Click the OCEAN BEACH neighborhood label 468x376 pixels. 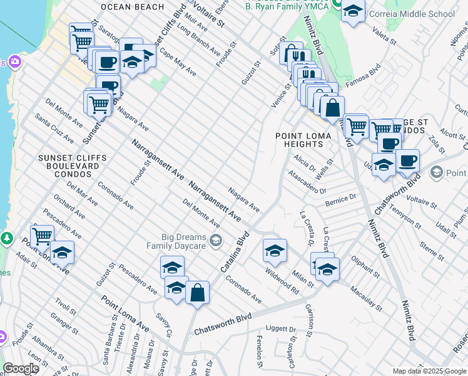131,6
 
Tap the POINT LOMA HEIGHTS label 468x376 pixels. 299,140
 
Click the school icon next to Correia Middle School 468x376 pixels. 354,11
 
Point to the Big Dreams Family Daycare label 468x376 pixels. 184,241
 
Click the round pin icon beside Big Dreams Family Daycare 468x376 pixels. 216,240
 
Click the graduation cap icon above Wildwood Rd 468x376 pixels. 275,251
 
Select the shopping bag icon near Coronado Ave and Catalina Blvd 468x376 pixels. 197,292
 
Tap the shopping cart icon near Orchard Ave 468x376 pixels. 41,237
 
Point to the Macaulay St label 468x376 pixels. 366,296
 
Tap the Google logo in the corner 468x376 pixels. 21,368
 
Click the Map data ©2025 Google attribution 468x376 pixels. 429,371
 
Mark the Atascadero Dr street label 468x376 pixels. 307,182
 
